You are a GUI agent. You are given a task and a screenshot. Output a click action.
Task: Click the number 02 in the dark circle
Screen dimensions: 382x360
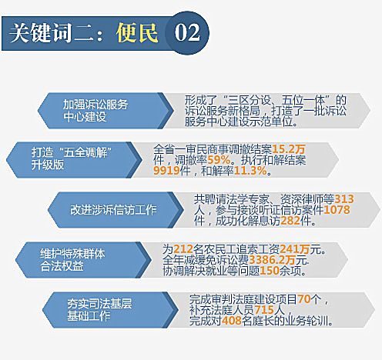pyautogui.click(x=187, y=33)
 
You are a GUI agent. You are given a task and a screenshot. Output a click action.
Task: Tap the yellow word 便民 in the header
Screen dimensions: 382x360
pyautogui.click(x=137, y=33)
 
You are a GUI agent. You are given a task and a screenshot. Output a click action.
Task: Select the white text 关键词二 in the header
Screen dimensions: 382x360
pyautogui.click(x=52, y=33)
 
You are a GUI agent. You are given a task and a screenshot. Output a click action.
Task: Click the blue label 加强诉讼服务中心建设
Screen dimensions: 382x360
pyautogui.click(x=95, y=111)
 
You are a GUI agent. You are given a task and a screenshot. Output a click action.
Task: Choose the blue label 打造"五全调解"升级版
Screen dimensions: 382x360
pyautogui.click(x=72, y=158)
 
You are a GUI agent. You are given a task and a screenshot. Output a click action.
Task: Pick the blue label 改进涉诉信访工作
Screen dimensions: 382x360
pyautogui.click(x=113, y=210)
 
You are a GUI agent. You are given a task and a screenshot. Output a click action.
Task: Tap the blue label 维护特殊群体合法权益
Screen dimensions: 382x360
pyautogui.click(x=72, y=260)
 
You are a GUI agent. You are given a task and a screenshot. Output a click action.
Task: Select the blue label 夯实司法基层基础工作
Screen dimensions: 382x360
pyautogui.click(x=99, y=310)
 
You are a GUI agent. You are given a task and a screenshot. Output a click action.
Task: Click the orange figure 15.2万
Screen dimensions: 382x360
pyautogui.click(x=289, y=149)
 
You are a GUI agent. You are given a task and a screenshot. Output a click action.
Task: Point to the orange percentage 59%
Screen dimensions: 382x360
pyautogui.click(x=219, y=160)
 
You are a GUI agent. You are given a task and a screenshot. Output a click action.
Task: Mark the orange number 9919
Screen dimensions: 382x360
pyautogui.click(x=166, y=171)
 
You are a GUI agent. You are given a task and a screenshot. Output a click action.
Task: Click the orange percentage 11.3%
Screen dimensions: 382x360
pyautogui.click(x=250, y=171)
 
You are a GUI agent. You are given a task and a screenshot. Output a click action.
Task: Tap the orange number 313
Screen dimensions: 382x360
pyautogui.click(x=344, y=199)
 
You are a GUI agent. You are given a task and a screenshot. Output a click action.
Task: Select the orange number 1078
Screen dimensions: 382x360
pyautogui.click(x=337, y=210)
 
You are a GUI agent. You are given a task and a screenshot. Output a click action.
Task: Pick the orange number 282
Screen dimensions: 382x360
pyautogui.click(x=290, y=221)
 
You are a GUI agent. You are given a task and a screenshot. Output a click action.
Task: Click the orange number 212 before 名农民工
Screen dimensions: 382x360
pyautogui.click(x=183, y=249)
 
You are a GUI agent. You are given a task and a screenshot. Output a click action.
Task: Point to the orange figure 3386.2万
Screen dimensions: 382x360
pyautogui.click(x=272, y=260)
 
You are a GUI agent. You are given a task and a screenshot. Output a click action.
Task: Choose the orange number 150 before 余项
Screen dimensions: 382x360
pyautogui.click(x=270, y=271)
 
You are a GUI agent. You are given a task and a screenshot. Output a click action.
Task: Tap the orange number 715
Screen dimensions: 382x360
pyautogui.click(x=264, y=310)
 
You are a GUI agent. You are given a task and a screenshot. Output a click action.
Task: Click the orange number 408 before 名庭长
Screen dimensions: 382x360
pyautogui.click(x=232, y=321)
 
